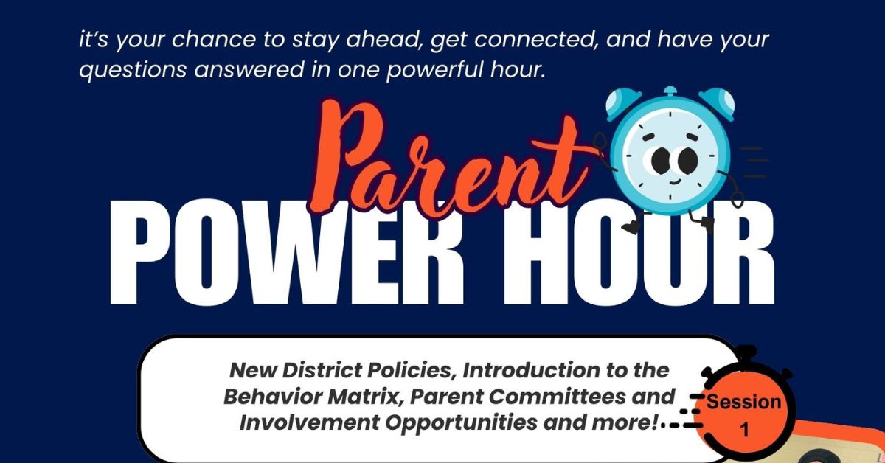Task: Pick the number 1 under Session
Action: tap(744, 430)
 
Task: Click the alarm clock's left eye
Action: tap(657, 158)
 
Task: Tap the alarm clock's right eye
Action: tap(689, 158)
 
